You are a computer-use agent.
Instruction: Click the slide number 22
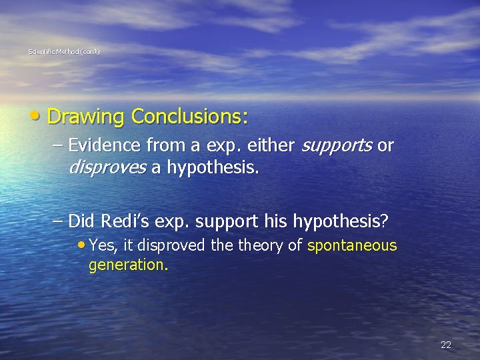446,345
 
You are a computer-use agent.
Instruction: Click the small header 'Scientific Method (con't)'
65,51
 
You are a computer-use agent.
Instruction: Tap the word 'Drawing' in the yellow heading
86,117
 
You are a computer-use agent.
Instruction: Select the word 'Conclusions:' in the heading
190,117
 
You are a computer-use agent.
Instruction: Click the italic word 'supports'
338,146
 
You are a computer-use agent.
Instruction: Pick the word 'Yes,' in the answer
103,246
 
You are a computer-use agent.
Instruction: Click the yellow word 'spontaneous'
352,246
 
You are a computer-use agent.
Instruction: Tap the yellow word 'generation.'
129,265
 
